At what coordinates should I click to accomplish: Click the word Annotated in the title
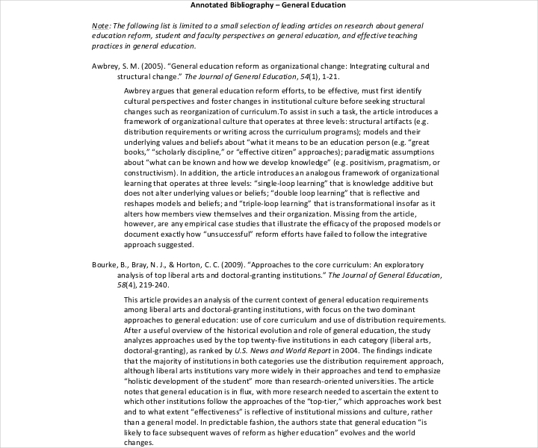[211, 5]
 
